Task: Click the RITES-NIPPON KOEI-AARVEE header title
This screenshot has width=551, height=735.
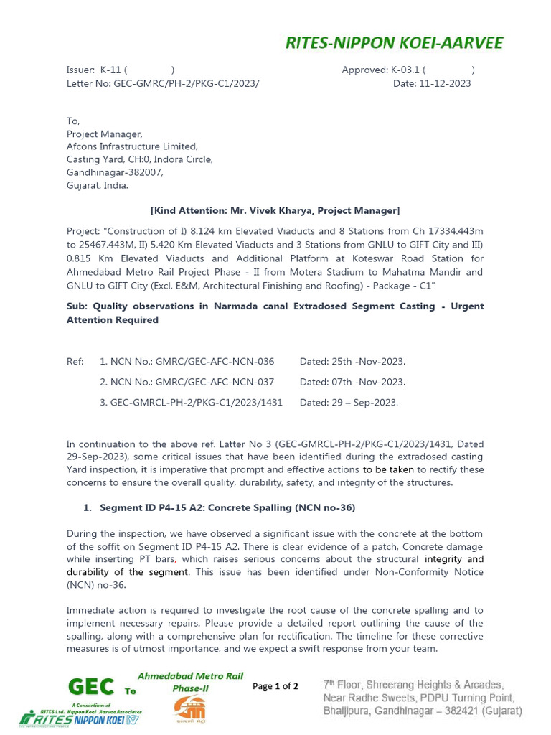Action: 394,43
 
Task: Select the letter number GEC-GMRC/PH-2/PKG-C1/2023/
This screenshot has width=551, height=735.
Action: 163,83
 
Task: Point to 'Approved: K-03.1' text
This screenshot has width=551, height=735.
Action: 381,70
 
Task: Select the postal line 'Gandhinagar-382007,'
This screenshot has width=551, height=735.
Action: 115,172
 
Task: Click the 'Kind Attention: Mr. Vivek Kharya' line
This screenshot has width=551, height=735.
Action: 275,210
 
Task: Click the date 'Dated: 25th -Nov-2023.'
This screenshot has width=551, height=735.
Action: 352,361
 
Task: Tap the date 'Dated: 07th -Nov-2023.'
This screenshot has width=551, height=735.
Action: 352,382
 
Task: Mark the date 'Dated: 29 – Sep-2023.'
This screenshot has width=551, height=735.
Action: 349,403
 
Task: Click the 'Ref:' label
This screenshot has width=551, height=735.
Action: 75,361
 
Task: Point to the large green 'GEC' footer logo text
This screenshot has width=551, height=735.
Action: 90,687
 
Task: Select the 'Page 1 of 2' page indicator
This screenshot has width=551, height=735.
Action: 275,686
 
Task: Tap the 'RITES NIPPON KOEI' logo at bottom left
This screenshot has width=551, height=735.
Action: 80,718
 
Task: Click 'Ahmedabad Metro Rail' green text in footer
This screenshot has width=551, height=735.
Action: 190,676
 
